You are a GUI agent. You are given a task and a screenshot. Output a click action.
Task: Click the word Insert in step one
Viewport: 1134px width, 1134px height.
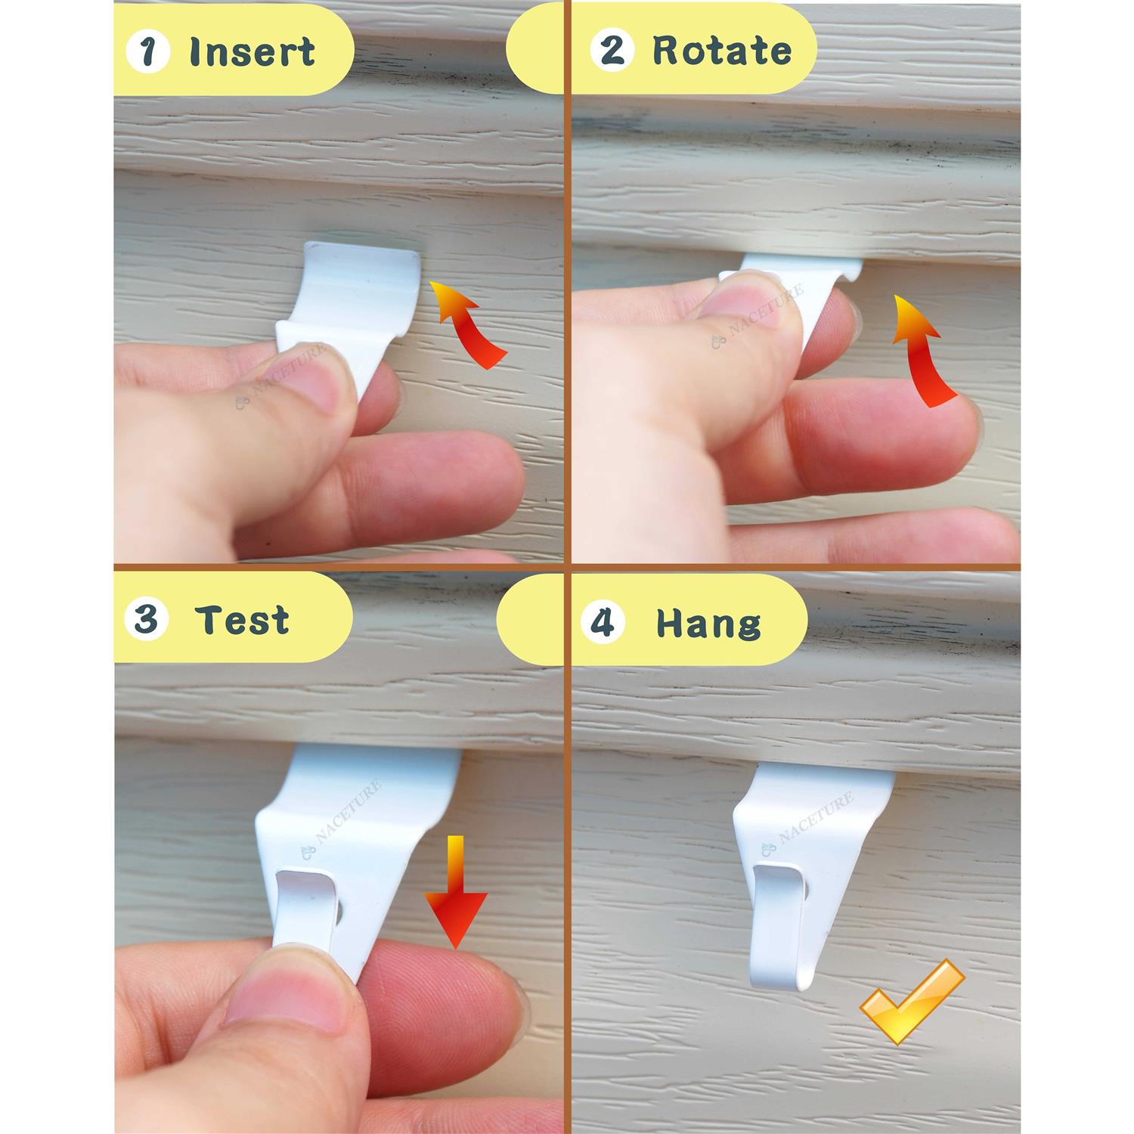tap(252, 51)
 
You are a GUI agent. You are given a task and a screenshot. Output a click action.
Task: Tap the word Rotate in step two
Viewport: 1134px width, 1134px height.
tap(722, 51)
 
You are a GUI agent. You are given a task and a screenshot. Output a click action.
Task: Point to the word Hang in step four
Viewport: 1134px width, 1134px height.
tap(708, 624)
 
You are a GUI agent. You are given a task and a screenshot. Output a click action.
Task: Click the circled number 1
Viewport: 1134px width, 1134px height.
tap(148, 51)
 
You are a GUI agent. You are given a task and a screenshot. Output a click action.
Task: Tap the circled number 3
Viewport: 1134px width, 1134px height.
tap(146, 621)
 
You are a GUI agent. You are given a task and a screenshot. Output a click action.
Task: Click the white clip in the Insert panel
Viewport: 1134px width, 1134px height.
tap(350, 302)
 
